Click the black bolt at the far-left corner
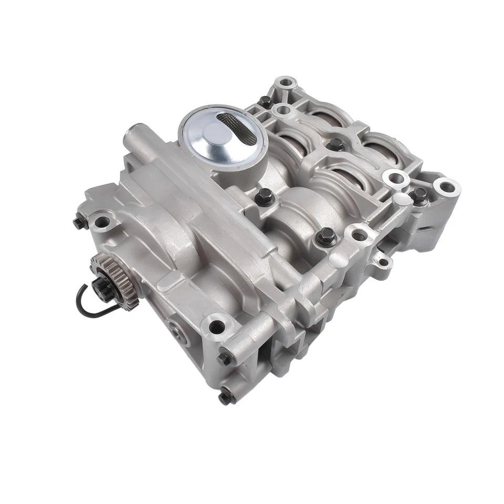coord(79,223)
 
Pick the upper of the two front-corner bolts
coord(224,358)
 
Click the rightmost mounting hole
coord(447,186)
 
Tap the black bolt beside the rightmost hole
coord(418,196)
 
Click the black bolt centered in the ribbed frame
coord(334,144)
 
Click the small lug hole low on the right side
coord(385,261)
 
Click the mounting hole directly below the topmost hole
coord(284,110)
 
